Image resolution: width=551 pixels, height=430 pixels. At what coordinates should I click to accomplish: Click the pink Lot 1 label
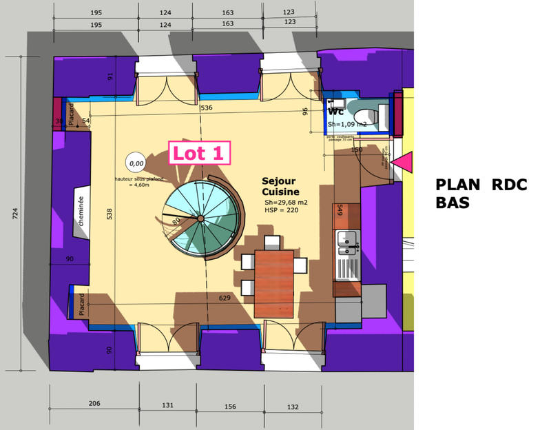click(x=200, y=153)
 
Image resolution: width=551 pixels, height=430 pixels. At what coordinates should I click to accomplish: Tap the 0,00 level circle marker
click(x=136, y=163)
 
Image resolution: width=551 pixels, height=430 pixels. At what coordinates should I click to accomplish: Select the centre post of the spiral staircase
click(x=200, y=218)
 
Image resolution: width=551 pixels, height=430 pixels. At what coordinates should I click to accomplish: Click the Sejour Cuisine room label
click(x=280, y=186)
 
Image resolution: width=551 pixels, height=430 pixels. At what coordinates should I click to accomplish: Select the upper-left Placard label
click(x=71, y=117)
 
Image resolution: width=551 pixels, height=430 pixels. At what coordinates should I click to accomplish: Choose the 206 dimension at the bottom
click(x=94, y=404)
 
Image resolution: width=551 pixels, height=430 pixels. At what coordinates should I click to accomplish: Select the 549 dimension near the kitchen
click(x=340, y=211)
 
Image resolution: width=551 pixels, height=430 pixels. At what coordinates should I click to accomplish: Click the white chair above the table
click(x=272, y=242)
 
